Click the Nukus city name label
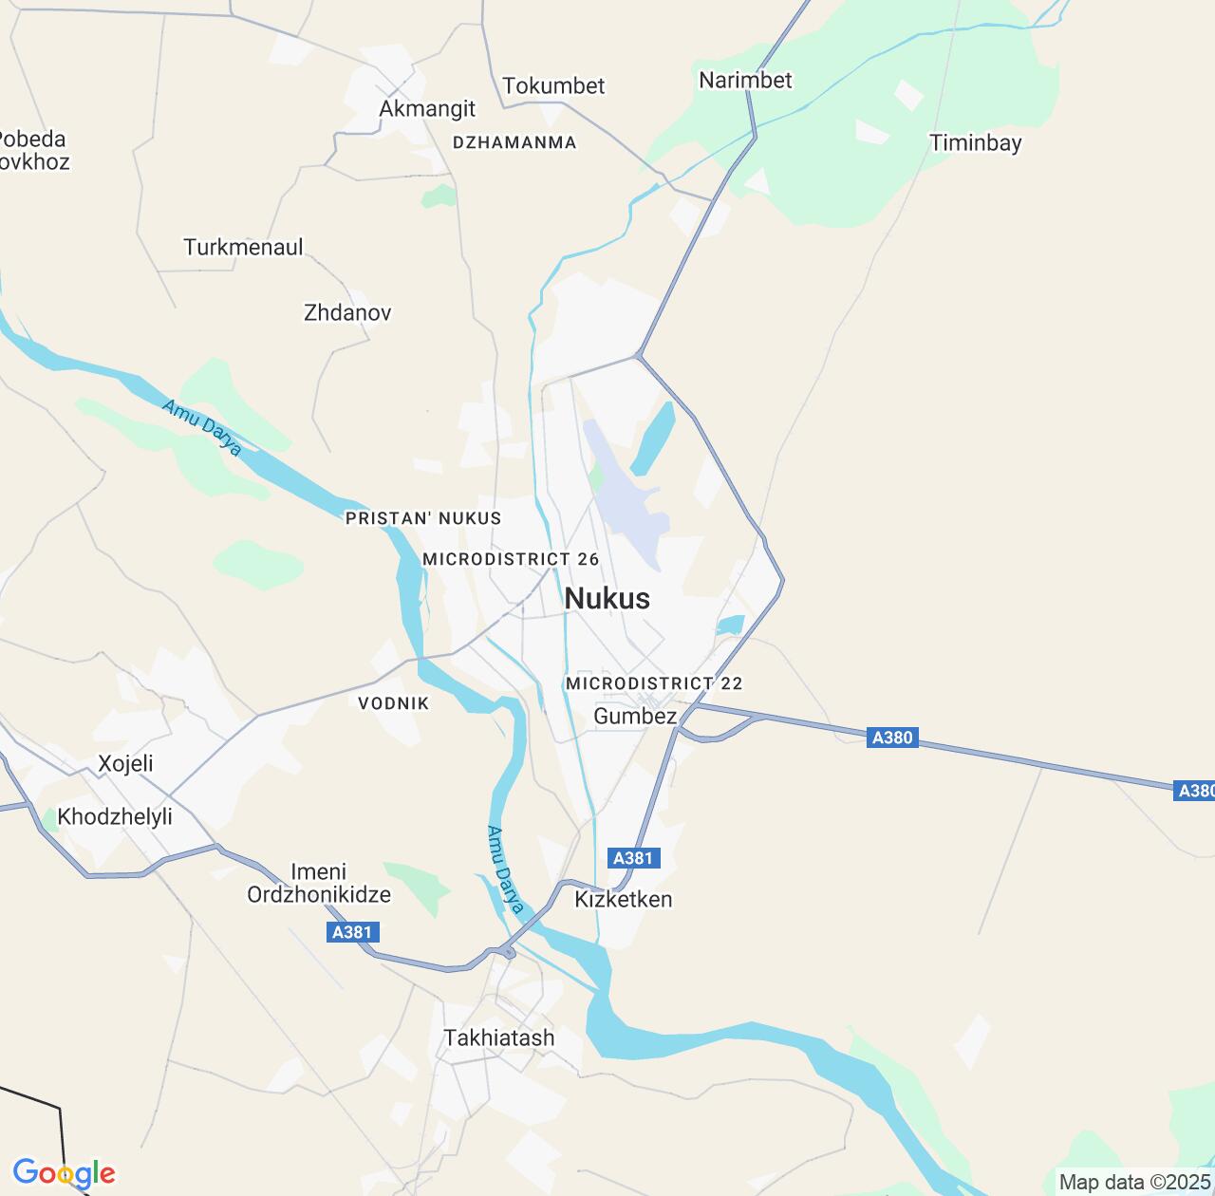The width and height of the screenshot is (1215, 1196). coord(607,598)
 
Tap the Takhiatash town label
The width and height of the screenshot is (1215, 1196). coord(499,1037)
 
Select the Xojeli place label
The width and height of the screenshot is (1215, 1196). coord(125,763)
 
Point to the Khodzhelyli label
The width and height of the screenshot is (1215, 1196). coord(115,816)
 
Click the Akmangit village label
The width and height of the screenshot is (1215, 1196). coord(427,108)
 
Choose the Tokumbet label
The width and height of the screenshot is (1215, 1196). coord(553,85)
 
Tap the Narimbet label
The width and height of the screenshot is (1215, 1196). coord(745,80)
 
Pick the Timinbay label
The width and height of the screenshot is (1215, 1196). coord(976,143)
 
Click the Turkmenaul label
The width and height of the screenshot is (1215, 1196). coord(243,247)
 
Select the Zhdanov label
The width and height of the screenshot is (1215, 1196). coord(347,312)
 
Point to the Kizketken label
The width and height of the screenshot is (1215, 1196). coord(624,899)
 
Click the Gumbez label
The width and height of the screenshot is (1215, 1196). coord(635,716)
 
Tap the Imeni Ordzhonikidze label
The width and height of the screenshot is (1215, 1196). coord(319,883)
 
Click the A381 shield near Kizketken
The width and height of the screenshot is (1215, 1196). coord(633,858)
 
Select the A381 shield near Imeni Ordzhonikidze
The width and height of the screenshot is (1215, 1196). coord(353,932)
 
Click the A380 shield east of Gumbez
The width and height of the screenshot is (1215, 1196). coord(892,738)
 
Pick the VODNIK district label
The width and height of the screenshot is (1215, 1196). coord(394,703)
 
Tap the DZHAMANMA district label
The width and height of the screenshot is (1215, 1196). coord(514,142)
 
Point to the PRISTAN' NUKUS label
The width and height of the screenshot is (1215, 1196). coord(423,518)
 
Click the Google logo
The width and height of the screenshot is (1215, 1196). coord(64,1173)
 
